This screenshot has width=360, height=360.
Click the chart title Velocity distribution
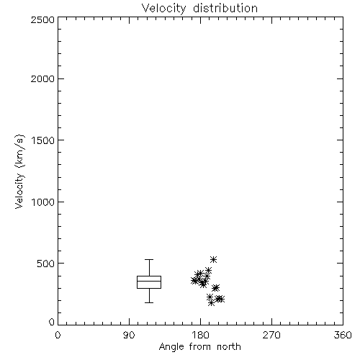tap(199, 8)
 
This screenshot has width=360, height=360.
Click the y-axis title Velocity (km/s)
tap(19, 172)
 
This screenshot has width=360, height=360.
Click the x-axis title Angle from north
tap(199, 347)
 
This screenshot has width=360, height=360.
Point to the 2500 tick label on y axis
tap(42, 19)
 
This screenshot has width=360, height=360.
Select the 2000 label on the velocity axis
tap(42, 78)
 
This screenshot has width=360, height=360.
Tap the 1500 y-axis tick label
tap(43, 140)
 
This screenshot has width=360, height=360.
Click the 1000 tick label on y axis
tap(43, 202)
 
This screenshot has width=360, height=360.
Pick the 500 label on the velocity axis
tap(46, 264)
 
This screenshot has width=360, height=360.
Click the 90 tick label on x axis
tap(129, 335)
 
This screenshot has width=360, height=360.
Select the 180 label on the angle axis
tap(200, 335)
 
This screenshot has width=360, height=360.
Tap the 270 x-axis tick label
tap(271, 335)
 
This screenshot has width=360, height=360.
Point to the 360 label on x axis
tap(343, 335)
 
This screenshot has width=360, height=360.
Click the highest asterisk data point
tap(213, 259)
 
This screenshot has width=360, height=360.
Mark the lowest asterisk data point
tap(211, 303)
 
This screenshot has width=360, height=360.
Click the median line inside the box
tap(149, 281)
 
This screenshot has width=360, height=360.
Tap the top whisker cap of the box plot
tap(149, 259)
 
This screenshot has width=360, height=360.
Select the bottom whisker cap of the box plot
tap(149, 302)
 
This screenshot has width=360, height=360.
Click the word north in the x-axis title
tap(229, 347)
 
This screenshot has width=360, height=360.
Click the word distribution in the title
tap(225, 8)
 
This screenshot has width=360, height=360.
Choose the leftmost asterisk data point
tap(194, 281)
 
